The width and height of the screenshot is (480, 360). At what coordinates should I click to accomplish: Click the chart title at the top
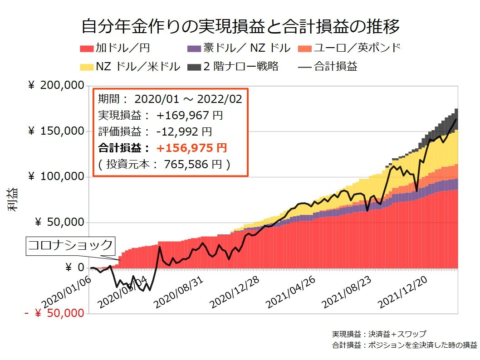[240, 26]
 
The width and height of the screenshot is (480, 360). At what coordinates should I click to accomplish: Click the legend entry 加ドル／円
[115, 48]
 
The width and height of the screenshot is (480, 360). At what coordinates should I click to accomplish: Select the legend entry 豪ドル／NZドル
[239, 48]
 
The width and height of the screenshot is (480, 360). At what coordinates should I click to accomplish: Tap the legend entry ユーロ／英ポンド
[349, 48]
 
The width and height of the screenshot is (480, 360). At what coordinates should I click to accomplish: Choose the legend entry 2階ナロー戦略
[234, 66]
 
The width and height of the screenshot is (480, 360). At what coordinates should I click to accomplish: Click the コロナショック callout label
[70, 245]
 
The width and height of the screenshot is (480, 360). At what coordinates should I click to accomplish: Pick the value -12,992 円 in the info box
[184, 131]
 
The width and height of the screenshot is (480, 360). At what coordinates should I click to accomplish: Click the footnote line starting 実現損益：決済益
[379, 334]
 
